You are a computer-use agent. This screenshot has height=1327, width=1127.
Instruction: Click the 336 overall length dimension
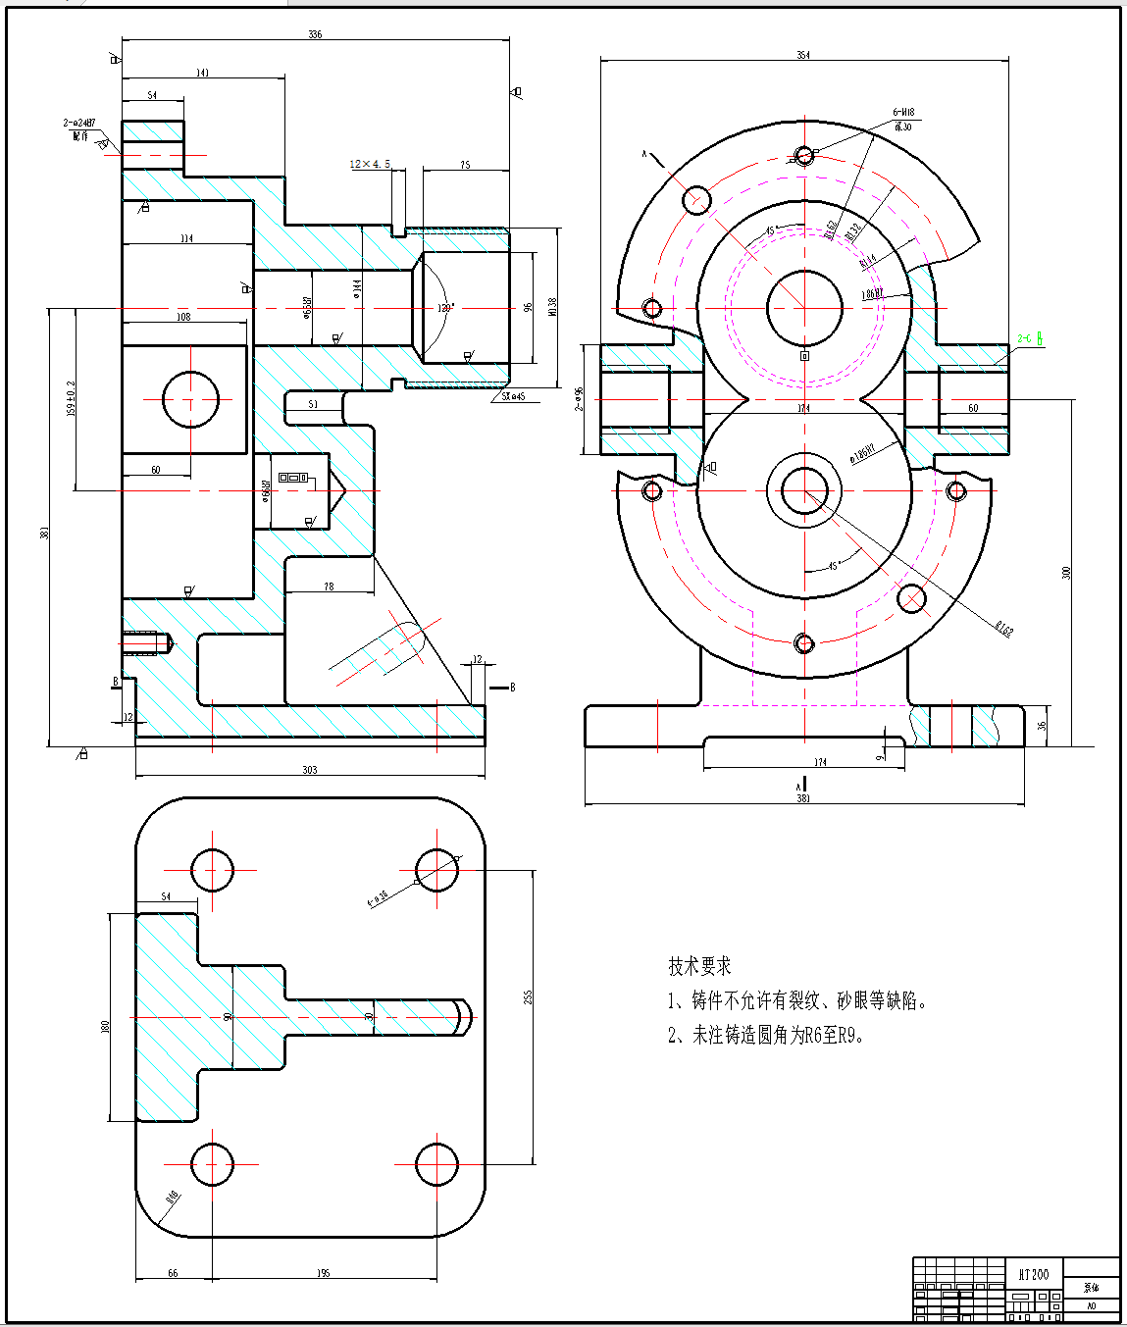(x=315, y=34)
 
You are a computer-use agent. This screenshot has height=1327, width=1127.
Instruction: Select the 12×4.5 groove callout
(x=370, y=164)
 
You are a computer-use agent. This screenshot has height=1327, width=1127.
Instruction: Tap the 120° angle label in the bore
(x=445, y=308)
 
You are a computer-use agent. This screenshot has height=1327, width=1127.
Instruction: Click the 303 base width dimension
(x=310, y=770)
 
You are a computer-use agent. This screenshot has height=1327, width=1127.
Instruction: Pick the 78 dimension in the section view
(x=329, y=587)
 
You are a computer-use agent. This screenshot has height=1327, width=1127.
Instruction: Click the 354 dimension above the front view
(x=803, y=56)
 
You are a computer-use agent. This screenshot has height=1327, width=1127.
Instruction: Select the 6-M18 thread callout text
(x=903, y=113)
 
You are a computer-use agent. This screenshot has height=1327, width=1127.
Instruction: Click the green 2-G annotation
(x=1029, y=339)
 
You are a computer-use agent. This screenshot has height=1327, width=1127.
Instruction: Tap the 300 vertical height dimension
(x=1066, y=573)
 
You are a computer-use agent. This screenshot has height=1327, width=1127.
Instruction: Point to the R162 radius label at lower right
(x=1002, y=629)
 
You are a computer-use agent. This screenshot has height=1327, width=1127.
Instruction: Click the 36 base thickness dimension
(x=1042, y=726)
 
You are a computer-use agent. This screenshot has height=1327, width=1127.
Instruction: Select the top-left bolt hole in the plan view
(x=212, y=870)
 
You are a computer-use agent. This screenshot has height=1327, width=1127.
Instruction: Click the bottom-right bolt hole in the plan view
(x=436, y=1164)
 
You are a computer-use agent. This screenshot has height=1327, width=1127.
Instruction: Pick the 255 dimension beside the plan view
(x=529, y=996)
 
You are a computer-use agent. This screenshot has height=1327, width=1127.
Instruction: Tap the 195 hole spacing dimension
(x=324, y=1273)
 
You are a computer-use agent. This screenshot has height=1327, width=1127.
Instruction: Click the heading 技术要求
(x=699, y=966)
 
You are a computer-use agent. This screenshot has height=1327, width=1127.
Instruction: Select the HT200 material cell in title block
(x=1033, y=1274)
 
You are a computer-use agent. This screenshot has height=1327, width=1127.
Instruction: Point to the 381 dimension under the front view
(x=803, y=798)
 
